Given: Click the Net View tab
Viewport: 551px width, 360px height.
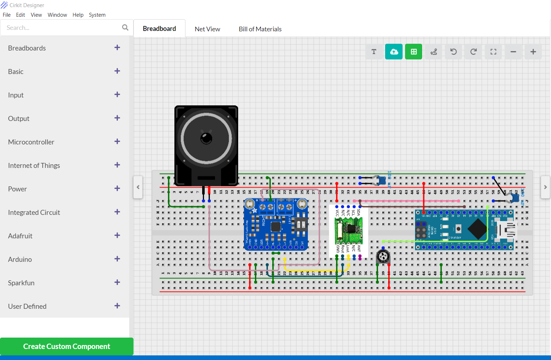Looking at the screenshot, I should point(207,29).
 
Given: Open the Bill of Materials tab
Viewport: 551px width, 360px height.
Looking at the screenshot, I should point(260,29).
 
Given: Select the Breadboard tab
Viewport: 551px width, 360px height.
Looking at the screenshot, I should point(159,29).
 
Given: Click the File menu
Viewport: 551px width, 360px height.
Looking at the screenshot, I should point(6,15).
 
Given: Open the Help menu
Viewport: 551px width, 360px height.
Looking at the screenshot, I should point(78,15).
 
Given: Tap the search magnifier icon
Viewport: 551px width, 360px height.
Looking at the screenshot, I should point(125,27).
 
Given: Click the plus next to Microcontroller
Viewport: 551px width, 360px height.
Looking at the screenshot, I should point(117,142).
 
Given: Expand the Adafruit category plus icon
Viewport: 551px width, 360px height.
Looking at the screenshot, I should point(117,235).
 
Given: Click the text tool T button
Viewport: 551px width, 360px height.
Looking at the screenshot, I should point(374,52).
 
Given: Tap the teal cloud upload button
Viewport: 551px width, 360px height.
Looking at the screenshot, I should point(394,52).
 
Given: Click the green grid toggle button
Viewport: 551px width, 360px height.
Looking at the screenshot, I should point(414,52).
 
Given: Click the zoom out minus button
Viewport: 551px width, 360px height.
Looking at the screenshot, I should point(513,52).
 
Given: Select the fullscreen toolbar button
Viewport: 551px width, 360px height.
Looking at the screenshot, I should point(493,52).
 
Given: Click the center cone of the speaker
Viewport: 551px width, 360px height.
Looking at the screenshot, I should point(206,138).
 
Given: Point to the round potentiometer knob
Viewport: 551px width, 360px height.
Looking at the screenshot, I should point(383,256).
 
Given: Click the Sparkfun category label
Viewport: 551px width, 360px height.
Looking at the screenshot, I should point(21,283).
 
